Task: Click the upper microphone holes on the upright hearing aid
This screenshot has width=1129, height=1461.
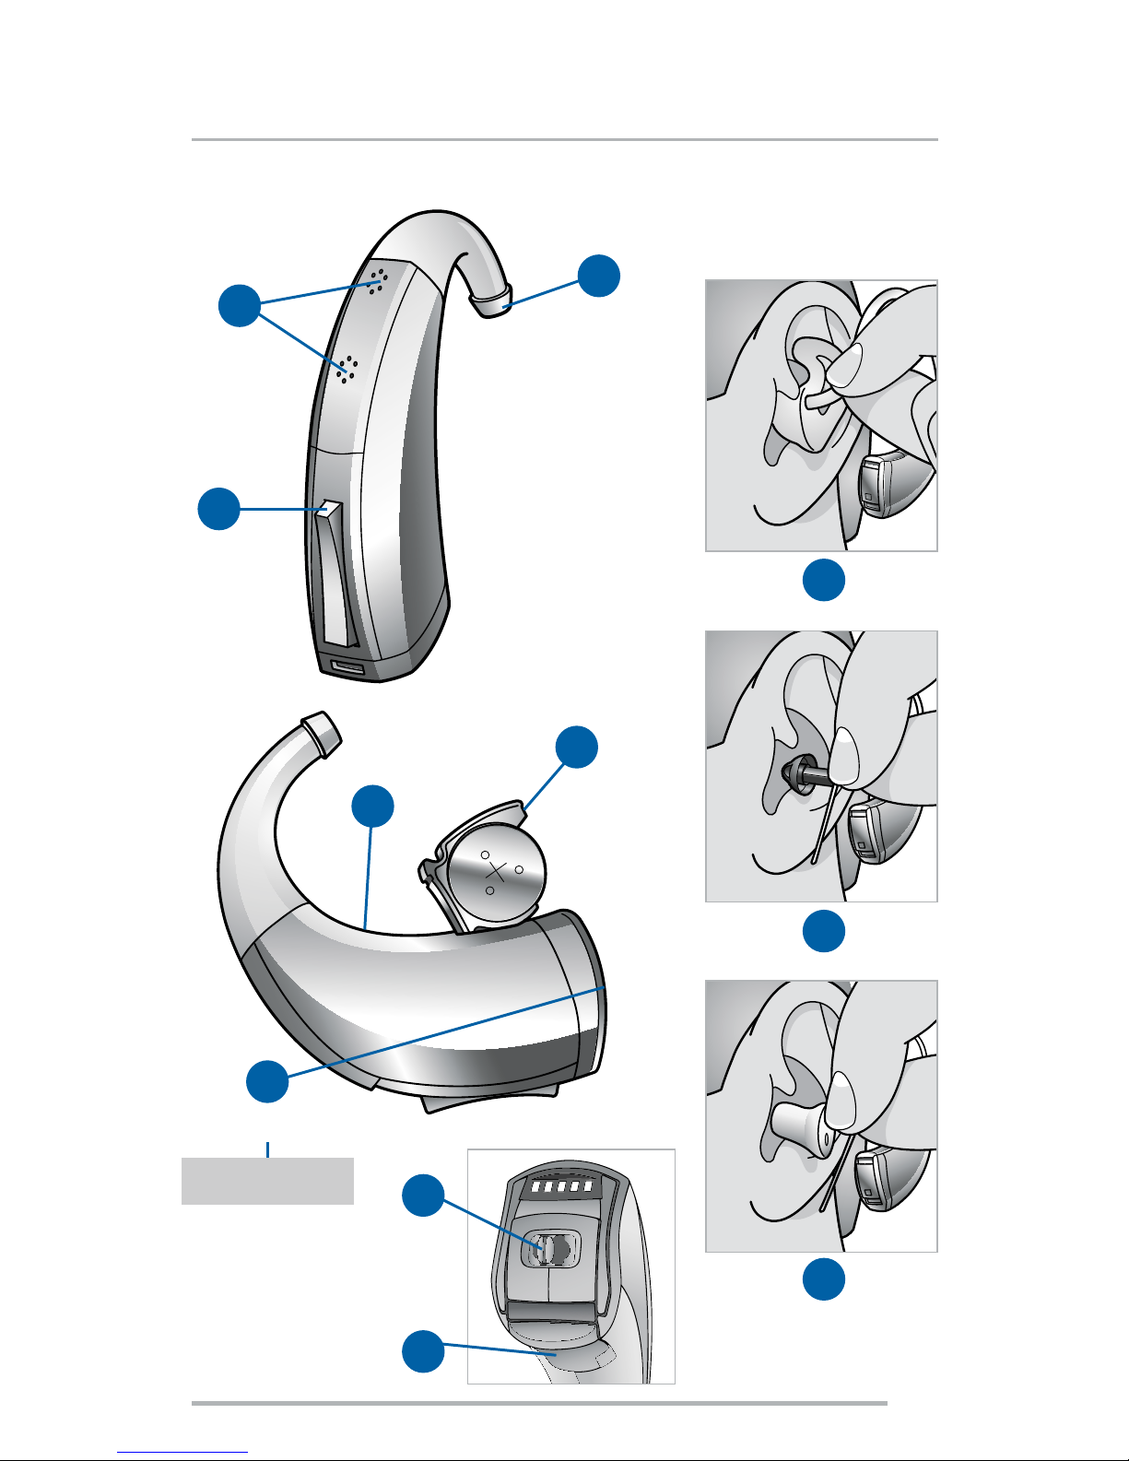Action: (x=377, y=280)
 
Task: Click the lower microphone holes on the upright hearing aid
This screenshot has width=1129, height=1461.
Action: (x=347, y=368)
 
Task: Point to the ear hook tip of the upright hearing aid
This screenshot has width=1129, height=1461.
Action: (x=493, y=300)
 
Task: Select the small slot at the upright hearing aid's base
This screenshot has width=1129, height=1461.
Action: (x=348, y=667)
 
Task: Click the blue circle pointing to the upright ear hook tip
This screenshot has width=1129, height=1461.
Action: (x=599, y=275)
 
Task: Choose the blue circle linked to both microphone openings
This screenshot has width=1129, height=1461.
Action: (x=240, y=305)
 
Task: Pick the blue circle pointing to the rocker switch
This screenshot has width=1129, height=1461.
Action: (x=219, y=509)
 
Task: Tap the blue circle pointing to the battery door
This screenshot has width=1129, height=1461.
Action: (x=578, y=747)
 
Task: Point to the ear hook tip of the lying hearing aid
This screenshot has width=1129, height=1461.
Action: (x=321, y=732)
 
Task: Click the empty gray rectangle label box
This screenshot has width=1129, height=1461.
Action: (x=267, y=1181)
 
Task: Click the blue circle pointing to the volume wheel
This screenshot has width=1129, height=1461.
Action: (x=423, y=1196)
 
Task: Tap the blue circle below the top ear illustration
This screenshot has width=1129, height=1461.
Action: (x=824, y=580)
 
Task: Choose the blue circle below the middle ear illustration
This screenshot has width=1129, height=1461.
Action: (x=824, y=931)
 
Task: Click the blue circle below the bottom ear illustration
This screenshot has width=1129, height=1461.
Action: (x=824, y=1279)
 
